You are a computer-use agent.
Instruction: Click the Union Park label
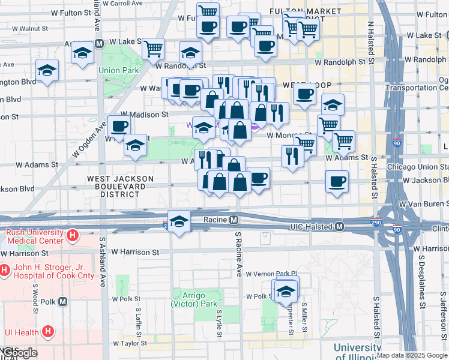coord(119,70)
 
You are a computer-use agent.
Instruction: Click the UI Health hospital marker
coord(47,331)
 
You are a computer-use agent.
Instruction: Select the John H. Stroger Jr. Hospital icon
coord(4,271)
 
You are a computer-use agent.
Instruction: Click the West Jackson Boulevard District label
coord(121,187)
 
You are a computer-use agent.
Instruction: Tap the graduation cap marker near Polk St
coord(286,292)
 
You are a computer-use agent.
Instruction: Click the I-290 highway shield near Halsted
coord(376,222)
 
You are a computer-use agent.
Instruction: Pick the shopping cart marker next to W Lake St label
coord(154,47)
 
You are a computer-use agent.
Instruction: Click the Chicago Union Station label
coord(418,166)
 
